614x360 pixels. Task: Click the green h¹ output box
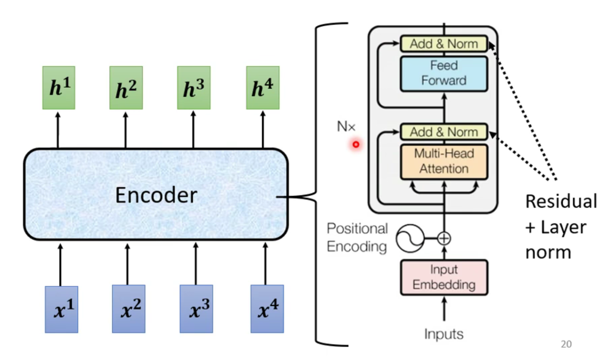(x=58, y=88)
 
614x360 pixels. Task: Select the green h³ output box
(x=194, y=88)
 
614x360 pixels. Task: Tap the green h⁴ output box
(x=263, y=88)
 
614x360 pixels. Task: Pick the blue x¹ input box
(x=62, y=309)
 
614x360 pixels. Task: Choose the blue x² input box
(x=128, y=309)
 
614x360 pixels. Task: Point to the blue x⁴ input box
(x=267, y=309)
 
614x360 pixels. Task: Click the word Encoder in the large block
(x=156, y=195)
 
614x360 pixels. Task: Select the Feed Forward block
(x=444, y=73)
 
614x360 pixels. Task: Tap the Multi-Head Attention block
(x=444, y=161)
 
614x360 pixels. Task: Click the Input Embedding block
(x=444, y=277)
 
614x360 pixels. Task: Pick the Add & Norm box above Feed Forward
(x=444, y=44)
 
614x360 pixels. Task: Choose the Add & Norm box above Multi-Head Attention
(x=444, y=132)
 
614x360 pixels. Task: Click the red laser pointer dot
(x=356, y=144)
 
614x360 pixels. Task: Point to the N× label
(x=346, y=127)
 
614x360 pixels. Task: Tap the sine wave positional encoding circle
(x=409, y=239)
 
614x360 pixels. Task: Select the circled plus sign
(x=444, y=239)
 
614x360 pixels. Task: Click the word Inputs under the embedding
(x=444, y=334)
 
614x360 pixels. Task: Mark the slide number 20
(x=566, y=344)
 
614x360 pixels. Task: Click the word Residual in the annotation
(x=561, y=201)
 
